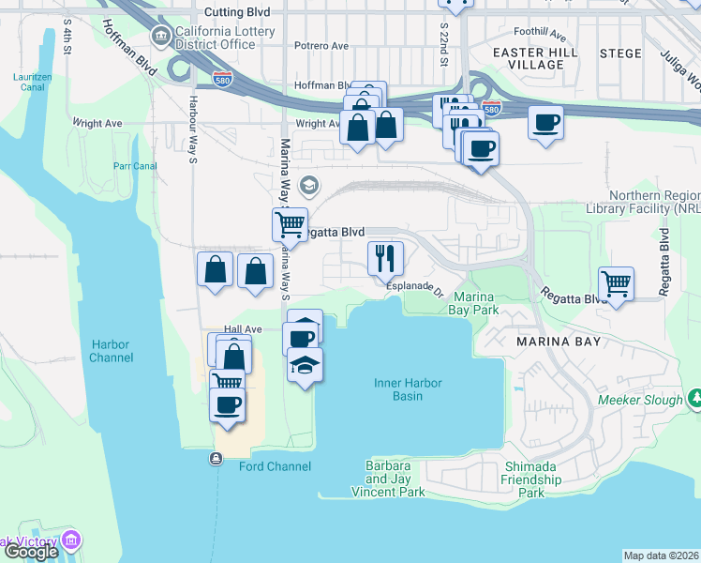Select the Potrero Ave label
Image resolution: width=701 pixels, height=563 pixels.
[x=321, y=45]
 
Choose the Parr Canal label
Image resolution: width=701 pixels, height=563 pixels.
[x=134, y=167]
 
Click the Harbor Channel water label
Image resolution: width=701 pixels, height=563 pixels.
[x=111, y=351]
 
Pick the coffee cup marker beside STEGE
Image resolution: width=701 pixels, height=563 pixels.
[x=545, y=121]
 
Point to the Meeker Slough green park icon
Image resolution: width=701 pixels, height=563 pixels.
[x=694, y=400]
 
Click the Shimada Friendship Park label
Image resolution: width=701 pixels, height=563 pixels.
[x=531, y=479]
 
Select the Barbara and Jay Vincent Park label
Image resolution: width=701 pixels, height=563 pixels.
[x=388, y=479]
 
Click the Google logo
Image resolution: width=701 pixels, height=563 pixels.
[x=31, y=553]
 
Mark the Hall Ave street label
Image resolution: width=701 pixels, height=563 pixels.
[x=242, y=329]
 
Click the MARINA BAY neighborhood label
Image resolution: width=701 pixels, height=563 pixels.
[x=559, y=342]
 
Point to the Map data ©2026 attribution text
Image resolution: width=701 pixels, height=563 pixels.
[x=660, y=555]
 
